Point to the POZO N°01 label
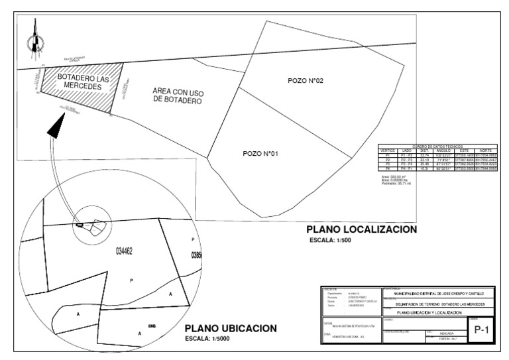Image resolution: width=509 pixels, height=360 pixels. [x=260, y=154]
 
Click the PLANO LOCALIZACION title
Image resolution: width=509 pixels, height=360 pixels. [x=361, y=229]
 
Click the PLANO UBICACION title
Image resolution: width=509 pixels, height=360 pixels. [x=231, y=329]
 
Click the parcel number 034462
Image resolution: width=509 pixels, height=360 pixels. [x=125, y=251]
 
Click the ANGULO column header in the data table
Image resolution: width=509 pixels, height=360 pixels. [x=443, y=150]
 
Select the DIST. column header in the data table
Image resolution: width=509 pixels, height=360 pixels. [x=425, y=150]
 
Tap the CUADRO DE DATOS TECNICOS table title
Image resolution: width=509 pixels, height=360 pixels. [x=437, y=146]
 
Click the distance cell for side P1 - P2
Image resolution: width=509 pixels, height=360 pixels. [x=425, y=154]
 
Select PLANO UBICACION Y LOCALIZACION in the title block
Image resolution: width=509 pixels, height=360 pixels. [x=430, y=312]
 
